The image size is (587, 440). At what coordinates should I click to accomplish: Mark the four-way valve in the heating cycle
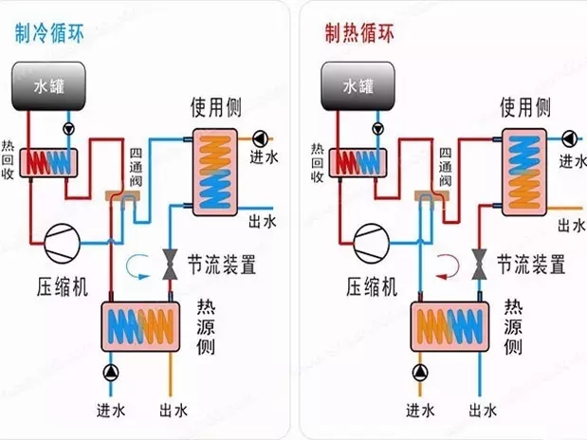click(431, 196)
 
